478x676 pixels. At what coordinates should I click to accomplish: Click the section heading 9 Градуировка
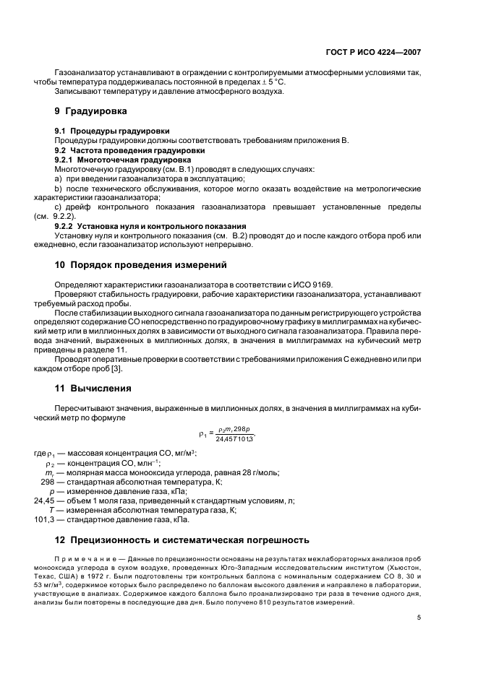point(90,112)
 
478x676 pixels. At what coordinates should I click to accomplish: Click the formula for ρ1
point(226,434)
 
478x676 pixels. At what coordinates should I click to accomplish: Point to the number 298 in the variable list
point(48,482)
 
